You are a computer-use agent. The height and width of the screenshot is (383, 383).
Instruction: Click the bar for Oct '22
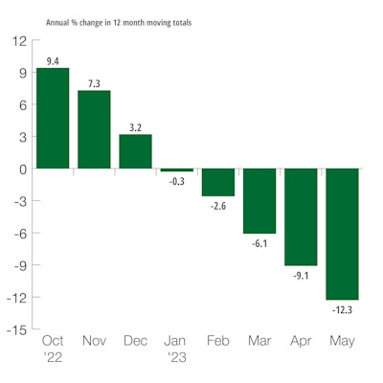tap(53, 118)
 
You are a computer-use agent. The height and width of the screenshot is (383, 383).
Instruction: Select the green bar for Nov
tap(94, 129)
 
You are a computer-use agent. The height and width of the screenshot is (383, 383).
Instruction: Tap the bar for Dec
tap(135, 151)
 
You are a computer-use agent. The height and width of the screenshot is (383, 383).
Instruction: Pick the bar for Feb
tap(218, 182)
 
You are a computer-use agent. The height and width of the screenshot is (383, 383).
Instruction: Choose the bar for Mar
tap(259, 201)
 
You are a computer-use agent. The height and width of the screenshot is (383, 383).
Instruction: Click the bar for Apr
tap(301, 216)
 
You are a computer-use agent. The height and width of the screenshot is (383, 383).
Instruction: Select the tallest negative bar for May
tap(342, 234)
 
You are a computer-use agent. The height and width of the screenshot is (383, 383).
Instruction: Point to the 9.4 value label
tap(53, 60)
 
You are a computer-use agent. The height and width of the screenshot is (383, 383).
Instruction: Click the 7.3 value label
tap(94, 83)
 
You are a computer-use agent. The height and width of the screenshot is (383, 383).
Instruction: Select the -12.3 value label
tap(342, 308)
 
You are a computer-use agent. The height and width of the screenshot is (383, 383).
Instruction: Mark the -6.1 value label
tap(259, 242)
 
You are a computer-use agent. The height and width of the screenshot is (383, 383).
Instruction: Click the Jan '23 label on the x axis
tap(177, 349)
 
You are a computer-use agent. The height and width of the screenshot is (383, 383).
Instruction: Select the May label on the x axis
tap(342, 341)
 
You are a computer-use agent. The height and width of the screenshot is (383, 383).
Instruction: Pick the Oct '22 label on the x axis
tap(53, 349)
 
